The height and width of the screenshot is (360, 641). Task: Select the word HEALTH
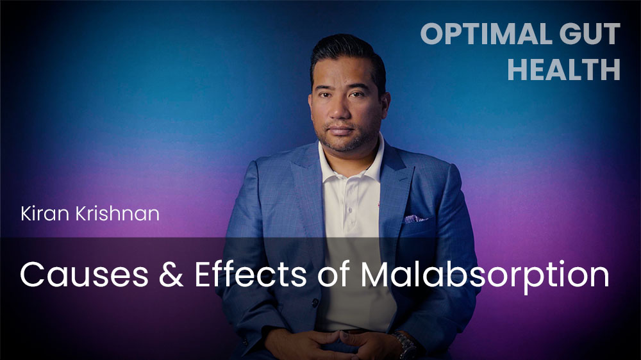[x=563, y=69]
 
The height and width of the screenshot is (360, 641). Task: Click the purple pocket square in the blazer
[x=414, y=218]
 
